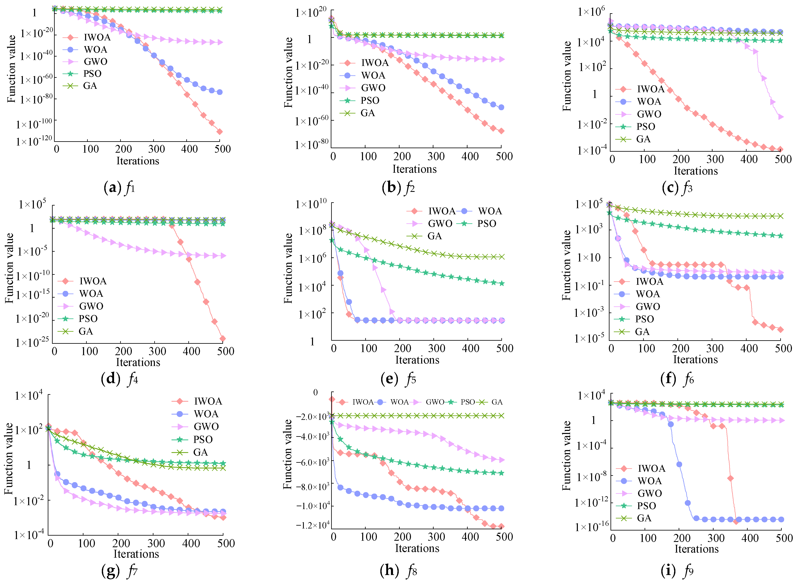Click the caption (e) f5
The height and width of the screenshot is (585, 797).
(x=398, y=379)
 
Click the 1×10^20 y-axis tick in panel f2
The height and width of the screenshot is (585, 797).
(x=311, y=13)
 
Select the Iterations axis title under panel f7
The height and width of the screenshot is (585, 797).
(x=136, y=554)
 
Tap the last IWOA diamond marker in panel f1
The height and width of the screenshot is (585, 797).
(x=219, y=132)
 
